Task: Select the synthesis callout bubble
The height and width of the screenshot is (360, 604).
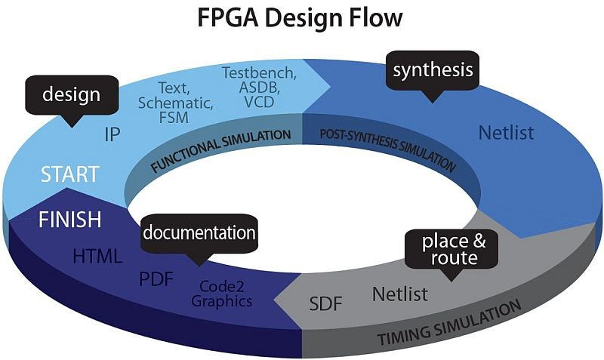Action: click(x=433, y=70)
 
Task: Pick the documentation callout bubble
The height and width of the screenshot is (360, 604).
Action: click(x=199, y=232)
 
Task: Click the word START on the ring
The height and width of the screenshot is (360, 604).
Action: click(x=69, y=174)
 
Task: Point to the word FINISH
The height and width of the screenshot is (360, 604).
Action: click(x=70, y=220)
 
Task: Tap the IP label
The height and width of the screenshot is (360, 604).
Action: click(x=112, y=135)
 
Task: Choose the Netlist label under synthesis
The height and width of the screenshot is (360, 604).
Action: click(x=506, y=134)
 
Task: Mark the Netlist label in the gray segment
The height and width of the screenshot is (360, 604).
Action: click(x=399, y=293)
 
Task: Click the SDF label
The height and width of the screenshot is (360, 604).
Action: click(x=326, y=305)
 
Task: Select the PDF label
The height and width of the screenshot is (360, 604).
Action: click(x=156, y=280)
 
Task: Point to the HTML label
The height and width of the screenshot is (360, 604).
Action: click(x=97, y=257)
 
